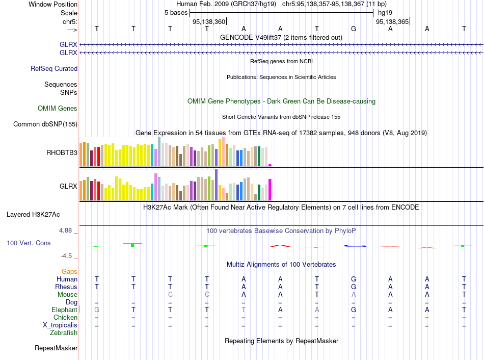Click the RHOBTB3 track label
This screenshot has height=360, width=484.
61,152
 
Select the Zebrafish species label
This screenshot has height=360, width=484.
64,333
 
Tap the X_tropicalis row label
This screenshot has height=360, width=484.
60,325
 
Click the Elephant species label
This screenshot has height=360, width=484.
64,310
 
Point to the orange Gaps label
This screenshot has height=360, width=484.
69,272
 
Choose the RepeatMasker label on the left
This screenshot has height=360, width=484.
56,348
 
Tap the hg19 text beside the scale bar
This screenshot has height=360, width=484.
385,12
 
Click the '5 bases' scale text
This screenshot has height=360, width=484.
176,12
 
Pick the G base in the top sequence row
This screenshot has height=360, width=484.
354,29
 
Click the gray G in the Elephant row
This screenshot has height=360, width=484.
97,310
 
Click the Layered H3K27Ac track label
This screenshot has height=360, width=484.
33,215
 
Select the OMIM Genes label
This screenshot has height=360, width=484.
58,109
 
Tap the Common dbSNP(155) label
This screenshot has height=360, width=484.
45,124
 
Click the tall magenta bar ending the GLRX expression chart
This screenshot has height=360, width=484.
270,190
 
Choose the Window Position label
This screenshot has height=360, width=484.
53,4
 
